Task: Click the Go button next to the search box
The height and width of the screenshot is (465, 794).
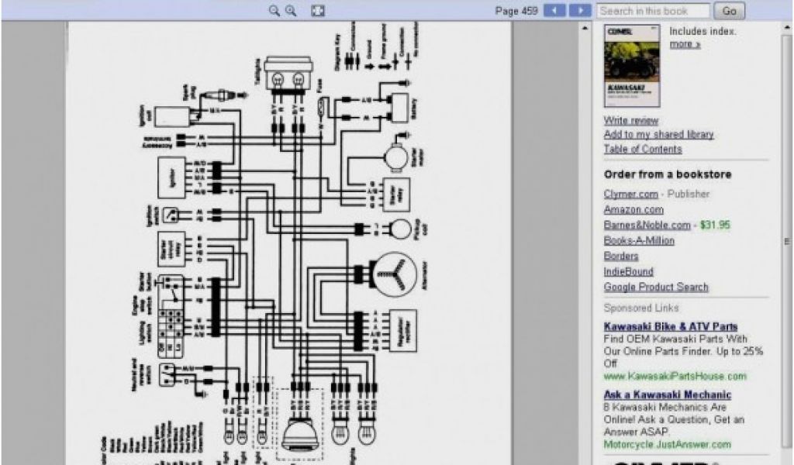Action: [729, 11]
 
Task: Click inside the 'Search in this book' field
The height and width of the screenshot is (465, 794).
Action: [653, 11]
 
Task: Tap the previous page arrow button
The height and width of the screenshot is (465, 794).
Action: [554, 11]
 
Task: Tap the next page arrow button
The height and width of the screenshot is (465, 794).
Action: [580, 11]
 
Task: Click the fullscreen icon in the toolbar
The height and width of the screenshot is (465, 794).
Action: [317, 11]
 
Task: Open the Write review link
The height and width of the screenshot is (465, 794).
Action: [631, 121]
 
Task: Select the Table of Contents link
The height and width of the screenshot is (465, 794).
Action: [643, 149]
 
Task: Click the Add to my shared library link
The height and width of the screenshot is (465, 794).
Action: [658, 135]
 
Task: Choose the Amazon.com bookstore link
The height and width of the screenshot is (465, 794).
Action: [633, 209]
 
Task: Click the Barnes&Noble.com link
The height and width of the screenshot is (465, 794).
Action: [647, 225]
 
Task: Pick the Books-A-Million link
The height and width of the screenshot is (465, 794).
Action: [639, 240]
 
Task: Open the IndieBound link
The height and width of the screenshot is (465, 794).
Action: [629, 271]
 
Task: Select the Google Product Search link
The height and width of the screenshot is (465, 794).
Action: [656, 287]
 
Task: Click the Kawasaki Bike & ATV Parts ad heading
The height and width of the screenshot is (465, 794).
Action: [671, 327]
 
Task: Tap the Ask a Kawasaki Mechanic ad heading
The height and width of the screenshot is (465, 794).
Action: [668, 395]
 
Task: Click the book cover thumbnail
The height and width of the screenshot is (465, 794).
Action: [631, 67]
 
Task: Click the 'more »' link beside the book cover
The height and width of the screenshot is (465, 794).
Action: [685, 44]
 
